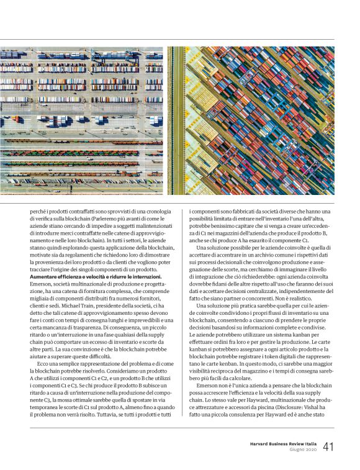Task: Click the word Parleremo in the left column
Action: [x=114, y=219]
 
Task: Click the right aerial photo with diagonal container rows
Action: [x=251, y=120]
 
